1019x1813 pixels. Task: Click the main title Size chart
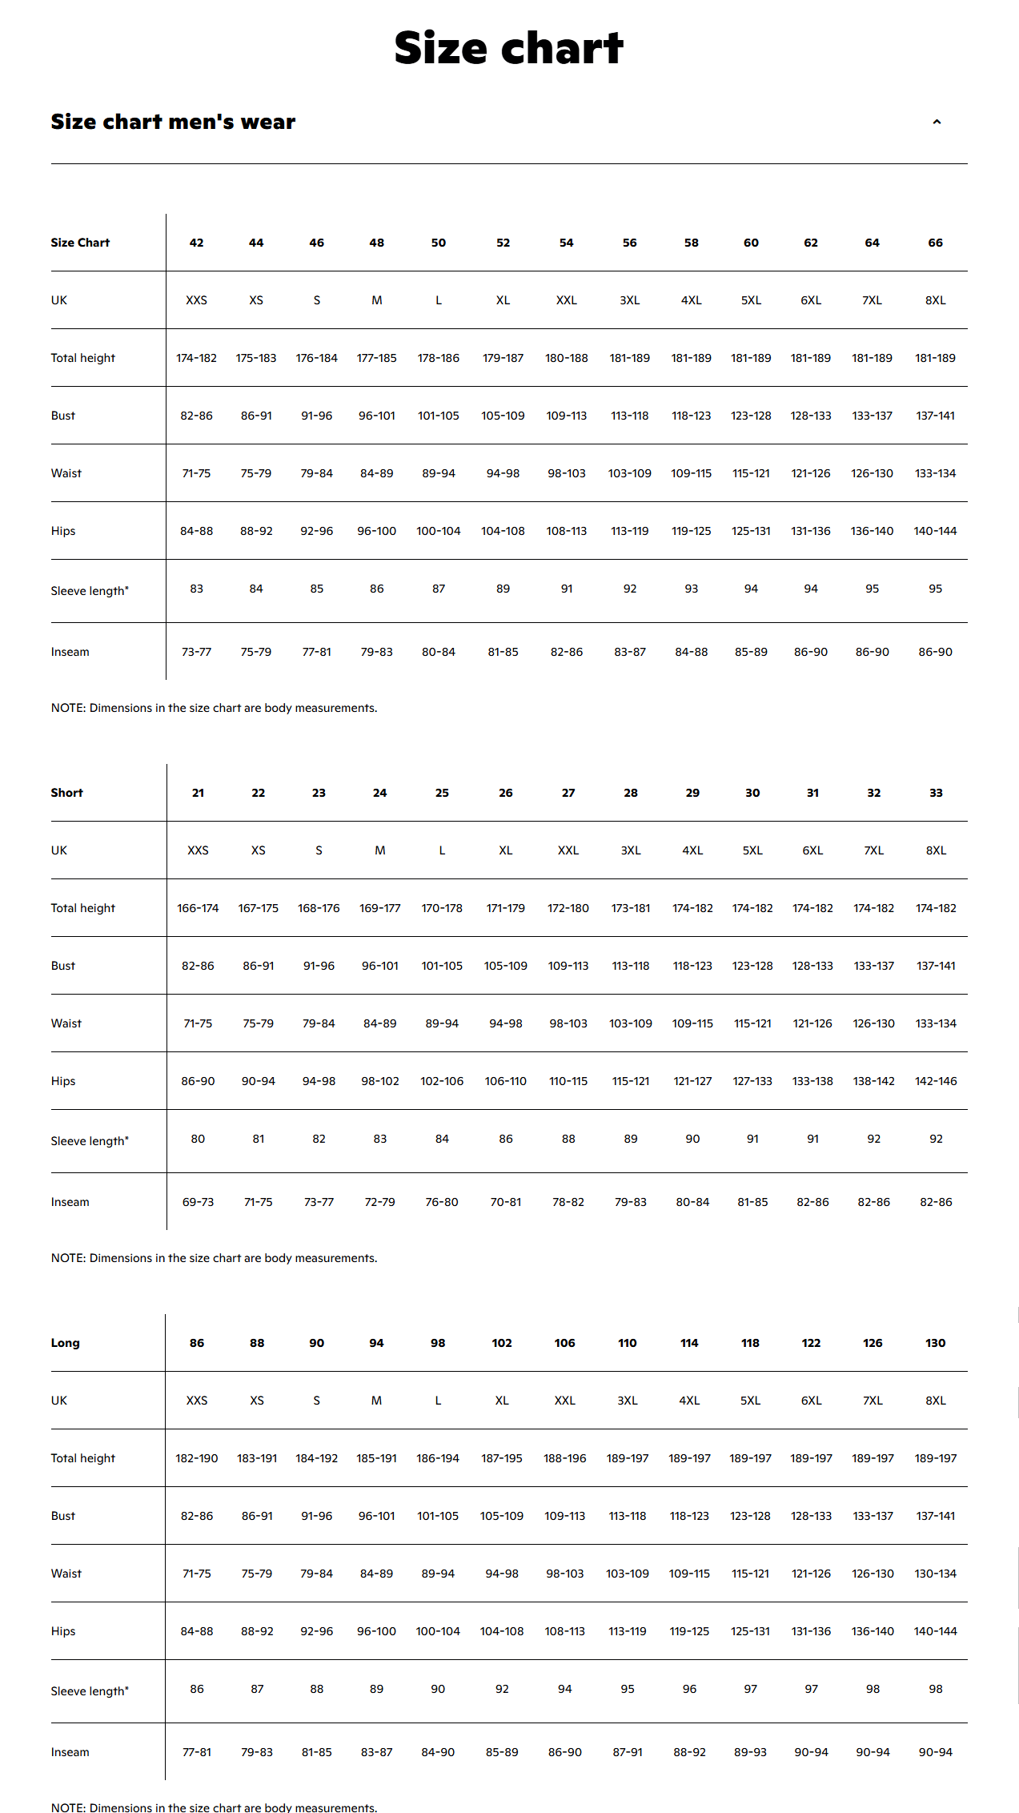(509, 48)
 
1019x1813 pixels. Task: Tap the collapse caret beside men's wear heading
(937, 123)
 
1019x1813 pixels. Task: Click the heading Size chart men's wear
(173, 122)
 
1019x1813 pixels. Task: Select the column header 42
(196, 243)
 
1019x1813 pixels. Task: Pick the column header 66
(935, 243)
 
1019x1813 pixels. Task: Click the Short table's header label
(66, 793)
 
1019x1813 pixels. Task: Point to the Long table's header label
(65, 1343)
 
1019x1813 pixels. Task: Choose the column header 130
(935, 1343)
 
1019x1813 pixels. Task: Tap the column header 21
(198, 793)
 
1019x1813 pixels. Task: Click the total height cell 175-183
(256, 358)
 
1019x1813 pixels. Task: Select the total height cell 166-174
(198, 908)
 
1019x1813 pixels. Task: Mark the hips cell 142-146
(936, 1081)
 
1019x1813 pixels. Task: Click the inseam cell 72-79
(379, 1202)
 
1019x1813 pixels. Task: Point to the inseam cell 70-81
(505, 1202)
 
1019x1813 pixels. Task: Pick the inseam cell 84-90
(438, 1752)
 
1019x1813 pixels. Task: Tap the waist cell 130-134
(935, 1574)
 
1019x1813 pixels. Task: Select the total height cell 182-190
(197, 1458)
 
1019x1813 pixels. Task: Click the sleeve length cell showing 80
(198, 1139)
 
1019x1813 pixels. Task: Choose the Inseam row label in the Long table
(70, 1752)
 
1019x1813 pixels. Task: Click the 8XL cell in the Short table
(936, 850)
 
